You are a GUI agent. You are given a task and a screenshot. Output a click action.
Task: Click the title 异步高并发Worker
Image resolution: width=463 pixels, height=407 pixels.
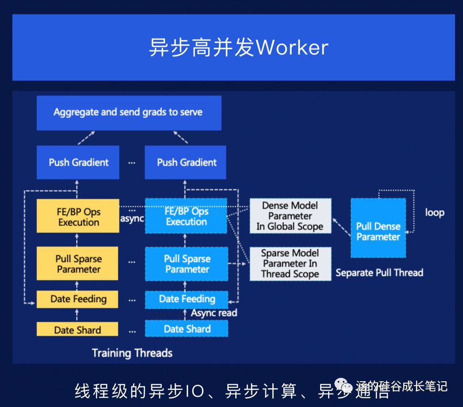click(x=238, y=48)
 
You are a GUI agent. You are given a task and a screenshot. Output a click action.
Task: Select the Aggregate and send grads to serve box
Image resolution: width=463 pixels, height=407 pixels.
click(x=128, y=113)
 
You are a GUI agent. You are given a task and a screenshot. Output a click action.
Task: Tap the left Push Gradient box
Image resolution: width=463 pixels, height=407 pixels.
click(x=78, y=162)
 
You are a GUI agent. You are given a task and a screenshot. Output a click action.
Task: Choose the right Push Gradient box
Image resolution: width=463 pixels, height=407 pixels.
click(x=187, y=162)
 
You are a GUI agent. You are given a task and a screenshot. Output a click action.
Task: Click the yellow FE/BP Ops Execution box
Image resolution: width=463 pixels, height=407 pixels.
click(x=78, y=216)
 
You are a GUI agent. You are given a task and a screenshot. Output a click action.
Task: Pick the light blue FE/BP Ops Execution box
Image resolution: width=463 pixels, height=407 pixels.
click(x=186, y=216)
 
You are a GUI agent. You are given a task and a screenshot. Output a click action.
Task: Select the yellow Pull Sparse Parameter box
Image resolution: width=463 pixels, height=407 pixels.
click(x=78, y=264)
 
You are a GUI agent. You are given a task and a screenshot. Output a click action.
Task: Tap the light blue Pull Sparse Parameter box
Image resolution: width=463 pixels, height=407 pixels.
click(x=187, y=264)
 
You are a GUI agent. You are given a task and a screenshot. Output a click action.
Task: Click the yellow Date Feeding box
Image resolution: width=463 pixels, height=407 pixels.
click(x=78, y=300)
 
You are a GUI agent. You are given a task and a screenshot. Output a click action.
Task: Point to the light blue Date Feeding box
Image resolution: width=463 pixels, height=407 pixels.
click(x=187, y=300)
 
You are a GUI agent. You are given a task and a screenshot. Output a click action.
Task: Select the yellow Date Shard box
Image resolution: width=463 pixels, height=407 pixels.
click(x=77, y=330)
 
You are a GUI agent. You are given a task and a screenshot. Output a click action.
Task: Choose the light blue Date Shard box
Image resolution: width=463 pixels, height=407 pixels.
click(x=187, y=329)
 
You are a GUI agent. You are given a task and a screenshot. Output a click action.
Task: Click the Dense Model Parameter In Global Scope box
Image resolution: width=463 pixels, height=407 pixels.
click(x=290, y=216)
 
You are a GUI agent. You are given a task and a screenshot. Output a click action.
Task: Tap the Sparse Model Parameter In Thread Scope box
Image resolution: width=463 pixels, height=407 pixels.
click(x=290, y=264)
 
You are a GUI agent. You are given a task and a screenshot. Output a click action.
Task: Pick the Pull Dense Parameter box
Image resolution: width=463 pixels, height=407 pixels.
click(x=378, y=231)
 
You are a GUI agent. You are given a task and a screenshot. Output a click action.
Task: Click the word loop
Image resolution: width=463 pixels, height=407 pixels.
click(x=434, y=213)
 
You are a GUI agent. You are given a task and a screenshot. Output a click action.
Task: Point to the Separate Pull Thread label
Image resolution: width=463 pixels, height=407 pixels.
click(x=379, y=273)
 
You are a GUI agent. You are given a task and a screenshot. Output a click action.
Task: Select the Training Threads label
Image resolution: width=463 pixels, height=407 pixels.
click(x=132, y=353)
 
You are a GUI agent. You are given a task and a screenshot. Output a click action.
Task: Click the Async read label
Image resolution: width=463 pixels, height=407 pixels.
click(x=214, y=313)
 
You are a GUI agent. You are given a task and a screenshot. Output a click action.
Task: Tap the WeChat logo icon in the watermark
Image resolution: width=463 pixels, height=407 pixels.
click(x=343, y=385)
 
